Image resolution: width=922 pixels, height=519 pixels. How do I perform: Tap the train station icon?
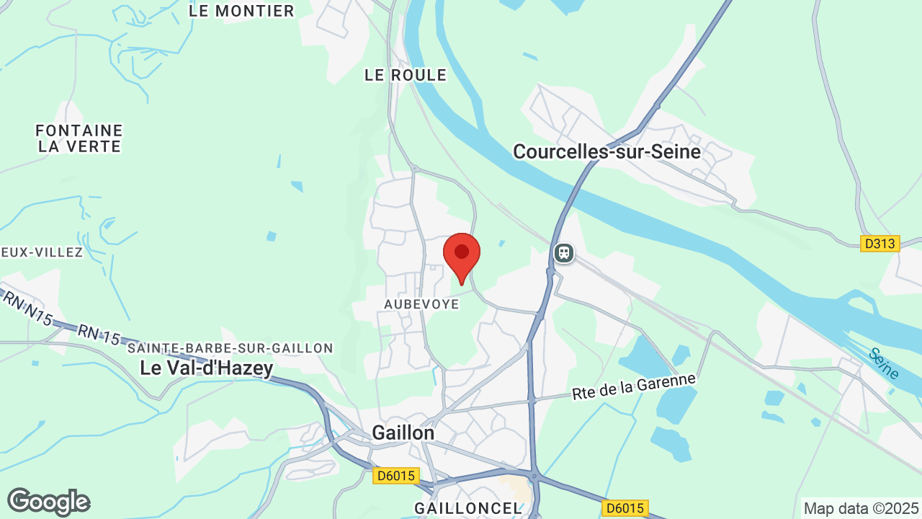[563, 253]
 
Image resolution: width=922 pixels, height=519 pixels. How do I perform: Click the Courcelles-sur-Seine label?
[607, 151]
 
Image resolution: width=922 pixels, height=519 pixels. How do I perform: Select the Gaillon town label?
[403, 432]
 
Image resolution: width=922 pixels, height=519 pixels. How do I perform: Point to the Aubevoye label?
[421, 304]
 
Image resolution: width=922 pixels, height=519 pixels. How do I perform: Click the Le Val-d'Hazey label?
[207, 368]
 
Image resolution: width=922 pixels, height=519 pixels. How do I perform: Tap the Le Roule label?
[406, 75]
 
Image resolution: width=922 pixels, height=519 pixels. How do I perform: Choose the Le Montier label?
[241, 11]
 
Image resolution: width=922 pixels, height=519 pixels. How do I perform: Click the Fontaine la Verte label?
[79, 138]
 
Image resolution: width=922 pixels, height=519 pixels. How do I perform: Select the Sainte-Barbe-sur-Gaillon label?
[230, 348]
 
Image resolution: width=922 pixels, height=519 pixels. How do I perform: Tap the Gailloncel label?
[467, 508]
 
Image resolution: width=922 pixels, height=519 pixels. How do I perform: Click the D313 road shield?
[880, 244]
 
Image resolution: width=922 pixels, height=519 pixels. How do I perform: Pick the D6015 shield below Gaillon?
[395, 476]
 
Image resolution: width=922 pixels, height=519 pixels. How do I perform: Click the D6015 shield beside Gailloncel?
[625, 508]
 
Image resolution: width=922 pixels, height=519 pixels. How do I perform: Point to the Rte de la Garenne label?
[635, 386]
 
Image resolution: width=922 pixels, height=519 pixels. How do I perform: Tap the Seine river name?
[884, 364]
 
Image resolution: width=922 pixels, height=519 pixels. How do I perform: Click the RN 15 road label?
[99, 333]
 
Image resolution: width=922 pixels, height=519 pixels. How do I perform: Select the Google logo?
[48, 502]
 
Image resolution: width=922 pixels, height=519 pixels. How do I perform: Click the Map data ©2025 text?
[861, 508]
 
